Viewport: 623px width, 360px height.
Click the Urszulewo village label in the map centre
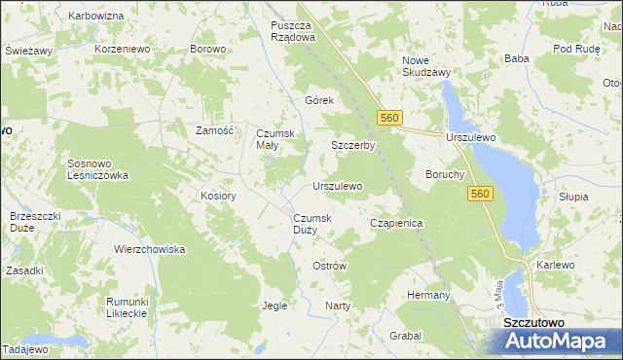[337, 185]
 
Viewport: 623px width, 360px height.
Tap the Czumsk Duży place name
[311, 224]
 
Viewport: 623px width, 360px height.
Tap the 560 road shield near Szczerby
[389, 118]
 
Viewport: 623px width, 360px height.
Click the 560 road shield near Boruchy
[478, 195]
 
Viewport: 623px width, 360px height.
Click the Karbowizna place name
[96, 17]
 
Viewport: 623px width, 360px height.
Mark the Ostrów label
[329, 266]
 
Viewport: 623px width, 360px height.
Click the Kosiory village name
[219, 196]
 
